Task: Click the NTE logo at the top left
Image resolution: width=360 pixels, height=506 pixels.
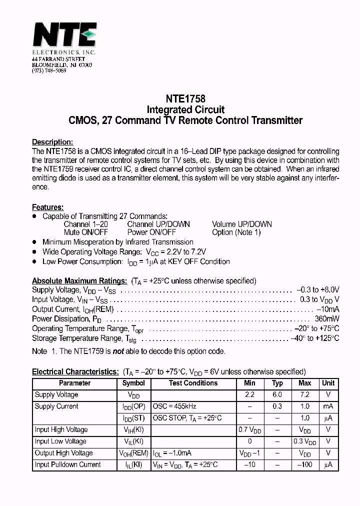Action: click(x=64, y=36)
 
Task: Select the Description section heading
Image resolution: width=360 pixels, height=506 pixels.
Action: click(x=52, y=141)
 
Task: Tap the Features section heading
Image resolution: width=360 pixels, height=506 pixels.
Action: click(x=47, y=207)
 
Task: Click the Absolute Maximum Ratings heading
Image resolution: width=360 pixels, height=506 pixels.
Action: click(x=79, y=280)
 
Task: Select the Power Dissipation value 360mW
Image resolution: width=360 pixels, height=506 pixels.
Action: click(x=327, y=319)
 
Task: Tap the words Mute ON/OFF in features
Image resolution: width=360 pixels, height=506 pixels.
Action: click(x=85, y=232)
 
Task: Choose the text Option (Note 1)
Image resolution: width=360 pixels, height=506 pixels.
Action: click(x=236, y=232)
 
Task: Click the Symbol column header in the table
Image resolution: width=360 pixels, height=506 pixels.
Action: click(x=133, y=383)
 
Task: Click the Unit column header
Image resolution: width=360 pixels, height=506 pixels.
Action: click(x=328, y=383)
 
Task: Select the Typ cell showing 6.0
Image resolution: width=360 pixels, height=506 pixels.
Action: click(x=277, y=394)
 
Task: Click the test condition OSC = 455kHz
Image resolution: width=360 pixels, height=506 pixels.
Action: click(x=174, y=406)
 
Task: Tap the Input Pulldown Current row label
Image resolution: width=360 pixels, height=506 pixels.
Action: click(x=67, y=464)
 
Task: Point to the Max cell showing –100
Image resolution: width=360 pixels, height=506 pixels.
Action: click(x=304, y=464)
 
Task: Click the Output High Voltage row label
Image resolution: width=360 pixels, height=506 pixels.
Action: click(x=63, y=453)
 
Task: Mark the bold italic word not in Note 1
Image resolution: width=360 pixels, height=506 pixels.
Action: click(x=117, y=351)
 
